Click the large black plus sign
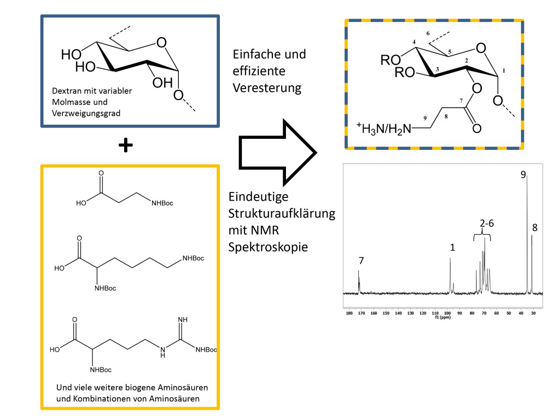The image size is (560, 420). point(126,145)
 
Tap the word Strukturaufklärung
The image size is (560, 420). point(281,213)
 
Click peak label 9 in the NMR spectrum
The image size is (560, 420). point(523,174)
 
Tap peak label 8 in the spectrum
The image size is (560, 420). point(534,227)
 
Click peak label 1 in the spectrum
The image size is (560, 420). point(452,247)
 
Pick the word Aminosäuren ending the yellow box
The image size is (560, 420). point(179,399)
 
